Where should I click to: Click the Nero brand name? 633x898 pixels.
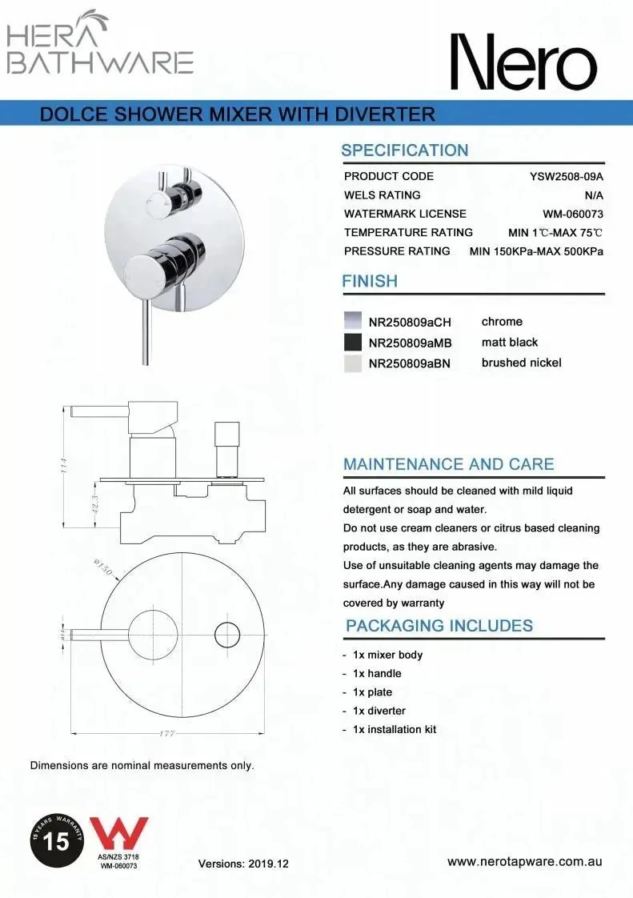522,62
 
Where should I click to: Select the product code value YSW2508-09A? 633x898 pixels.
566,176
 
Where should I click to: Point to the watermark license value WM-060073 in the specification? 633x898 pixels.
572,214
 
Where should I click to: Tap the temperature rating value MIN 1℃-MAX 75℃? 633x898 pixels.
555,232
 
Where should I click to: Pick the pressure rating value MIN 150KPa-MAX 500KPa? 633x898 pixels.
536,251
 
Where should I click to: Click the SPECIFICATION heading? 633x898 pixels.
404,150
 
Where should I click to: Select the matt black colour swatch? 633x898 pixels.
352,343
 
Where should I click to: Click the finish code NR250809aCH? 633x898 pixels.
410,323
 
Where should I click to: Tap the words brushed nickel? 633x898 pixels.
521,363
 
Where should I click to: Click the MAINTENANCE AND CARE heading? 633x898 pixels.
448,464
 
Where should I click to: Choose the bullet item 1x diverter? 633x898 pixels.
379,711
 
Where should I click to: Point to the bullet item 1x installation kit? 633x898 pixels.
395,729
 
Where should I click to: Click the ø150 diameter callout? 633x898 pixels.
102,570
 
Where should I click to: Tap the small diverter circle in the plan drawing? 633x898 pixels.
227,635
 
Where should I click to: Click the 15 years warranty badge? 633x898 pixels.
57,841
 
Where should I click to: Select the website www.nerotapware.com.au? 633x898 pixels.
524,862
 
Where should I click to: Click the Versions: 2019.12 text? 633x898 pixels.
243,864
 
